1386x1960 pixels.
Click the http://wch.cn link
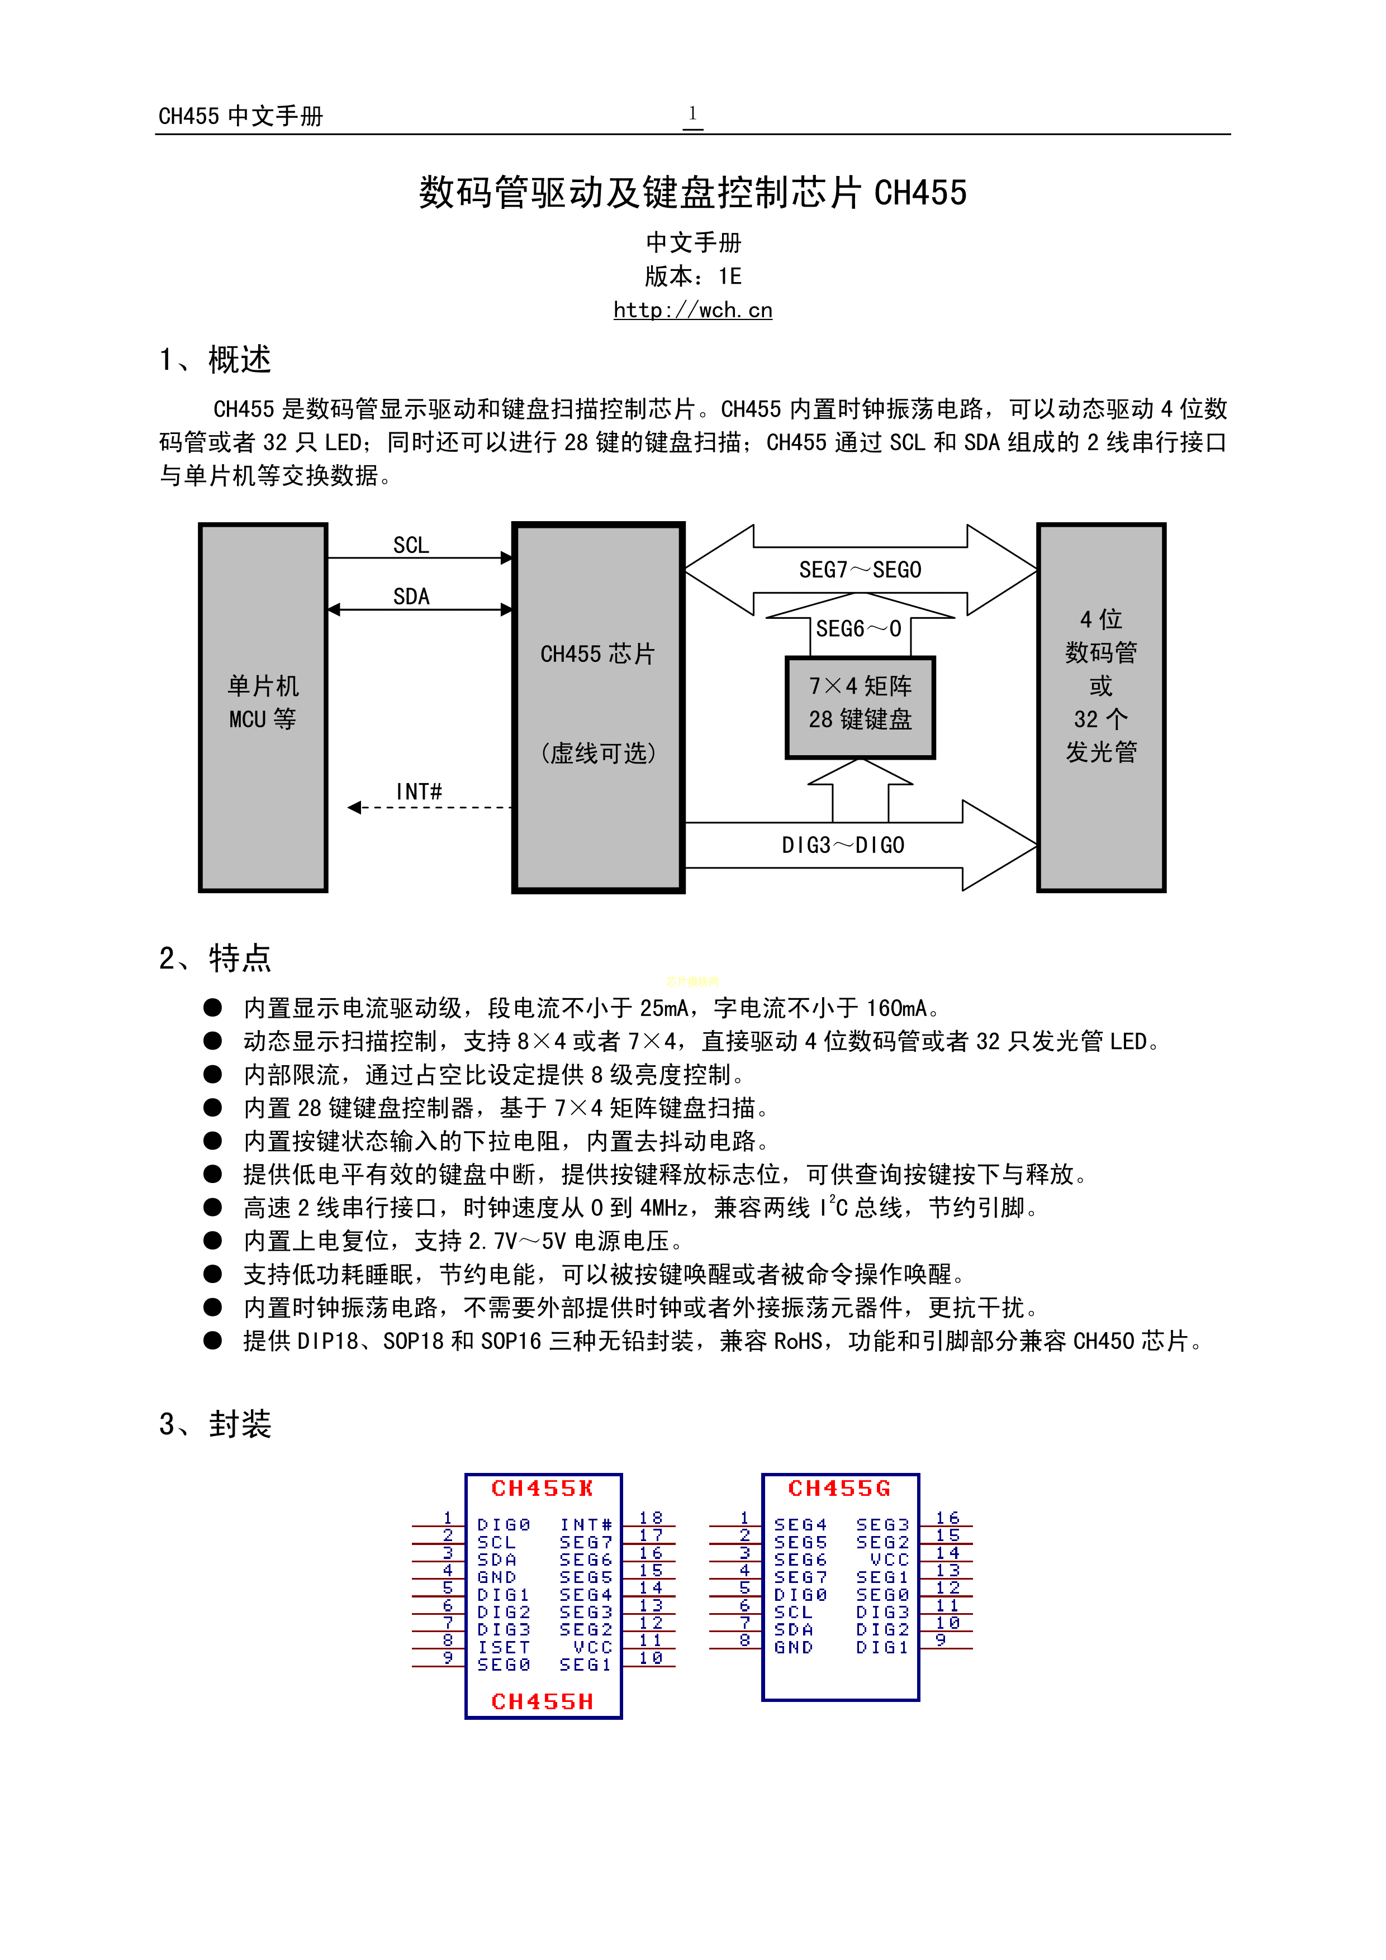[x=692, y=310]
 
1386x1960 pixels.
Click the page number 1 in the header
[x=692, y=113]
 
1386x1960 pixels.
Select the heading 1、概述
[x=215, y=359]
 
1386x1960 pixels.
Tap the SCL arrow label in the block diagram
[x=411, y=546]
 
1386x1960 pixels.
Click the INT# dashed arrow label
[x=419, y=792]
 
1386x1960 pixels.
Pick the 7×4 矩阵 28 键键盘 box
[x=860, y=707]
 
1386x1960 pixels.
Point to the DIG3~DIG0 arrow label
[x=843, y=845]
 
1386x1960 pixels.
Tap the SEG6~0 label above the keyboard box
[x=858, y=629]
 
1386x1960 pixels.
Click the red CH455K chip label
[x=542, y=1489]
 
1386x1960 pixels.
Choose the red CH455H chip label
[x=542, y=1701]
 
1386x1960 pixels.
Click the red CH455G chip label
[x=839, y=1489]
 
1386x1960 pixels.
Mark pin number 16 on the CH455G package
[x=947, y=1518]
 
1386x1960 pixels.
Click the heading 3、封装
[x=215, y=1424]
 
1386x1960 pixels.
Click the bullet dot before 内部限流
[x=212, y=1074]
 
